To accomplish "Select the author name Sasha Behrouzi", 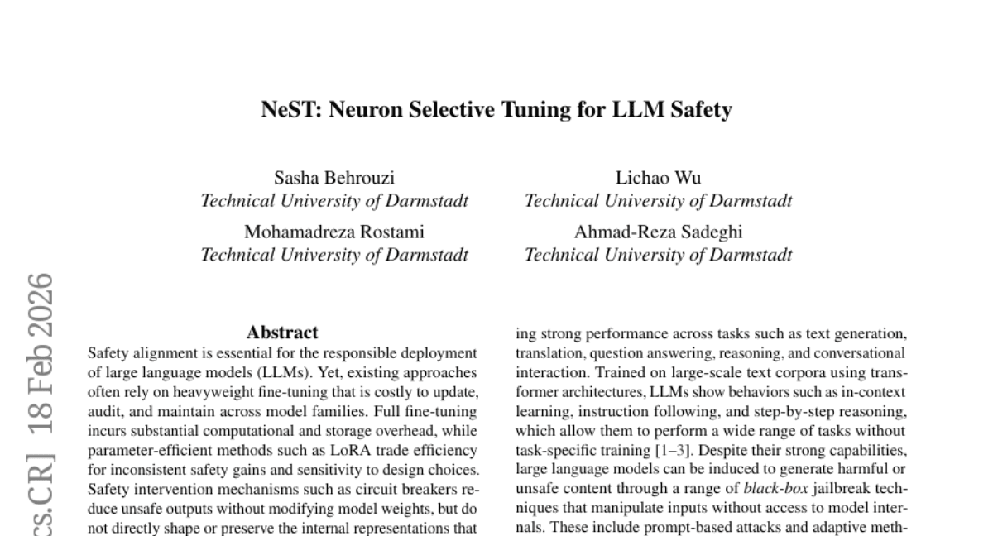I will click(334, 178).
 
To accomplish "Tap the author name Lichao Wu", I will click(658, 178).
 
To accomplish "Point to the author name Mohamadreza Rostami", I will click(334, 232).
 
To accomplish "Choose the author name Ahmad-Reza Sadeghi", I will click(658, 232).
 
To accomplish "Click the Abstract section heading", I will click(282, 333).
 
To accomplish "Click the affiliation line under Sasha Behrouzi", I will click(334, 201).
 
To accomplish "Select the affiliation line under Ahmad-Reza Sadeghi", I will click(658, 255).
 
